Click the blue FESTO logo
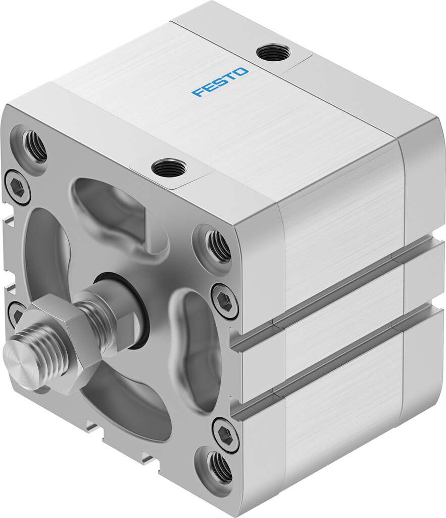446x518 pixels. coord(220,82)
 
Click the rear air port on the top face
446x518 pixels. coord(273,53)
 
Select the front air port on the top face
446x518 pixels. coord(169,167)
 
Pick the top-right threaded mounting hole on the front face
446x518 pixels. coord(219,246)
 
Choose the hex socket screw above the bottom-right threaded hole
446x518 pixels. coord(225,434)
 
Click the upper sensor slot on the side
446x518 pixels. coord(333,290)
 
